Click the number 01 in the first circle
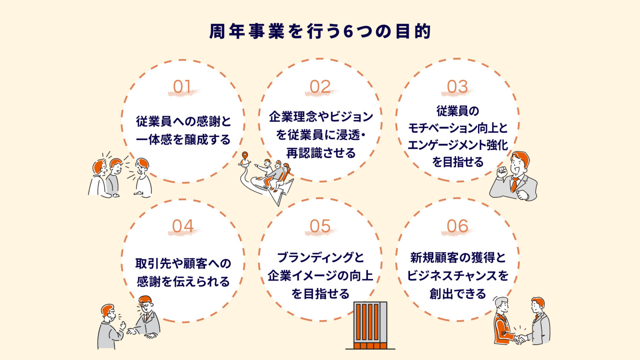182,87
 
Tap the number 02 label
320,87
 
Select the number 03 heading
457,87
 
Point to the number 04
183,226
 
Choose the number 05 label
320,226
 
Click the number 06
457,226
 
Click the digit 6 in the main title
348,32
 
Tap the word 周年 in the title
227,32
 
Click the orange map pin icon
245,156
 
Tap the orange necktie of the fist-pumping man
514,184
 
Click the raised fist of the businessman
502,172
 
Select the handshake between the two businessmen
519,338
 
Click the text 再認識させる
321,153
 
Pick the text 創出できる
458,294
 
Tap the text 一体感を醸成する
183,140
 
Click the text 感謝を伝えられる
183,282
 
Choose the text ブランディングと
321,257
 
